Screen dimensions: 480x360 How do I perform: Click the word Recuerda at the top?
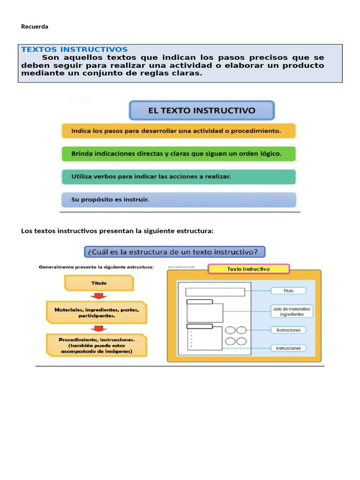click(x=35, y=27)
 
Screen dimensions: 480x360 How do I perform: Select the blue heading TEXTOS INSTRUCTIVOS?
click(x=75, y=49)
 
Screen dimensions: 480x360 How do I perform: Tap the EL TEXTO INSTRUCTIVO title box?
click(x=202, y=111)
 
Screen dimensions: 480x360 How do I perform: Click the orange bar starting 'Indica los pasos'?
click(x=179, y=131)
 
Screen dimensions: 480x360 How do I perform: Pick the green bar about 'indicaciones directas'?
click(x=179, y=154)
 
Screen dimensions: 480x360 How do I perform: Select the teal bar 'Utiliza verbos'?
click(x=179, y=177)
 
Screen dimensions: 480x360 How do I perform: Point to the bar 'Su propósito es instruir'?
click(x=179, y=200)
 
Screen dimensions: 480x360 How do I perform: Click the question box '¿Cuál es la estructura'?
click(x=174, y=252)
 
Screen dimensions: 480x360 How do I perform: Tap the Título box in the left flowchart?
click(x=98, y=283)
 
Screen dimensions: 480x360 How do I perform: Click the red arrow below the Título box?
click(x=99, y=295)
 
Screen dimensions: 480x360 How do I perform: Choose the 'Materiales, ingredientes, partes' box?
click(x=97, y=313)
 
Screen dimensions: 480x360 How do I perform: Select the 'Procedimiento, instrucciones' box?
click(x=96, y=345)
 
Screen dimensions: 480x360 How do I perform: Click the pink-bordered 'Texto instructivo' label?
click(x=248, y=269)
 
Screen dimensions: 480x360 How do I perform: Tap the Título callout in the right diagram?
click(x=289, y=291)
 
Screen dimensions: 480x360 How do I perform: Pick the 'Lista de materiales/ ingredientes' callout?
click(x=288, y=311)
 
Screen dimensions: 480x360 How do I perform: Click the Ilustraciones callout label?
click(x=288, y=330)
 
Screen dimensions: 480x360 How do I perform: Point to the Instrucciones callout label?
click(x=288, y=348)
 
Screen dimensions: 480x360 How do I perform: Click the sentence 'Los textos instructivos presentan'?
click(x=117, y=231)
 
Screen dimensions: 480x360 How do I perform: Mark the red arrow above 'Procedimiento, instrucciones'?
click(x=99, y=328)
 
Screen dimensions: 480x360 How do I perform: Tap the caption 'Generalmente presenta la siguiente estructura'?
click(x=96, y=267)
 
